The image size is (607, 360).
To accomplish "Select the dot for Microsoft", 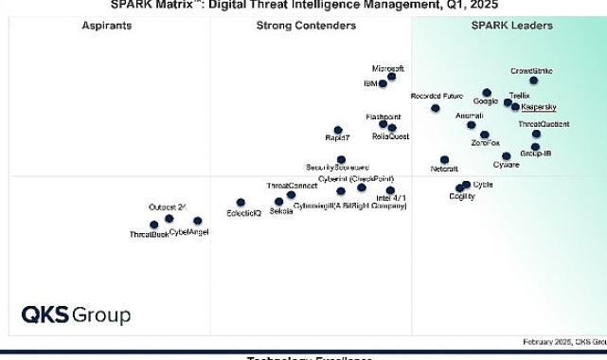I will coord(392,77).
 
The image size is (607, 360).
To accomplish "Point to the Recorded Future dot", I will coord(436,108).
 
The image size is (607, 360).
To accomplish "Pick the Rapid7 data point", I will coord(338,130).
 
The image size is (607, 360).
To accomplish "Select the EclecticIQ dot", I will coord(241,203).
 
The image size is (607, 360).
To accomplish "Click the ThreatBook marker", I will coord(154,225).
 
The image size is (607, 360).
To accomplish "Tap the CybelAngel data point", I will coord(197,221).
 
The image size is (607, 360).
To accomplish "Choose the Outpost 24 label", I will coord(168,207).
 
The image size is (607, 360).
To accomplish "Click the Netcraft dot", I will coord(445,159).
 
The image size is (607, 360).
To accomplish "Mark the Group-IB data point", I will coord(535,147).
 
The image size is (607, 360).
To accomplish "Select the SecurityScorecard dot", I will coord(342,160).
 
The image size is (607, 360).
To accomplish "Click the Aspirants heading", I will coord(107,26).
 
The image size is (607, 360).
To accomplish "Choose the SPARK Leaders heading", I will coord(512,26).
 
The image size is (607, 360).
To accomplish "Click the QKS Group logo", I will coord(77,315).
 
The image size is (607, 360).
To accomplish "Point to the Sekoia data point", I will coord(278,202).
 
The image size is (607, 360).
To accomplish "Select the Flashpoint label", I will coord(383,115).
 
